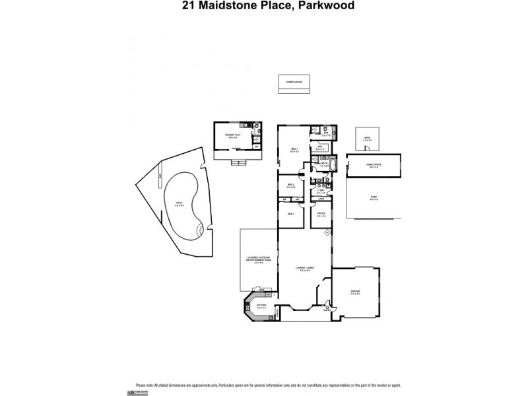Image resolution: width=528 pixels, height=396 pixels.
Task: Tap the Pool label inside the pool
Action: pos(179,203)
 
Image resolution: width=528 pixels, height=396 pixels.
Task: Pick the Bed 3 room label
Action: pos(290,213)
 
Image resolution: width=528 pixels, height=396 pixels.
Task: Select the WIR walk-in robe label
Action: pos(319,148)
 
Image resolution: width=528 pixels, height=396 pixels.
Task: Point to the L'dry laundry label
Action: pos(321,191)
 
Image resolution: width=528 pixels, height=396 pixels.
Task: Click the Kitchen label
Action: pos(261,305)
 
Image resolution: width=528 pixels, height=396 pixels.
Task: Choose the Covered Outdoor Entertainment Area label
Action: pos(259,259)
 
